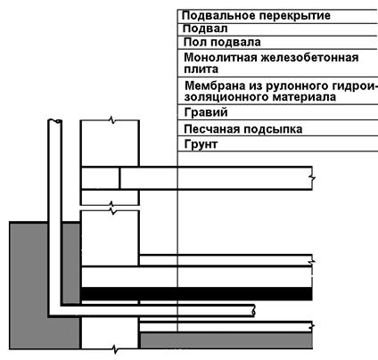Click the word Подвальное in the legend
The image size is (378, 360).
point(217,16)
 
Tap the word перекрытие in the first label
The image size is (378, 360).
point(293,16)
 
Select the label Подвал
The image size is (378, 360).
point(205,29)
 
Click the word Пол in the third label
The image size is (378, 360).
point(194,42)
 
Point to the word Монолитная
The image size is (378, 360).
point(220,57)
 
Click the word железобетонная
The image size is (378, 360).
point(309,58)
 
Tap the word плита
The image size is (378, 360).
point(201,70)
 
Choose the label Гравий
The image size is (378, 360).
point(206,112)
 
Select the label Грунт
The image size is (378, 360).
point(201,144)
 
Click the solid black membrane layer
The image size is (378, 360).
point(196,294)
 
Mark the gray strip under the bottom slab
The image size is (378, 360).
point(226,340)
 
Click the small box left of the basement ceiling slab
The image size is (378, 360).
point(100,178)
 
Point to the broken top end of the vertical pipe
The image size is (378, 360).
point(55,121)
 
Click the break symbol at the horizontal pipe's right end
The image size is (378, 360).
point(253,311)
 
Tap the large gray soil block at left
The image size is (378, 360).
point(29,285)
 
